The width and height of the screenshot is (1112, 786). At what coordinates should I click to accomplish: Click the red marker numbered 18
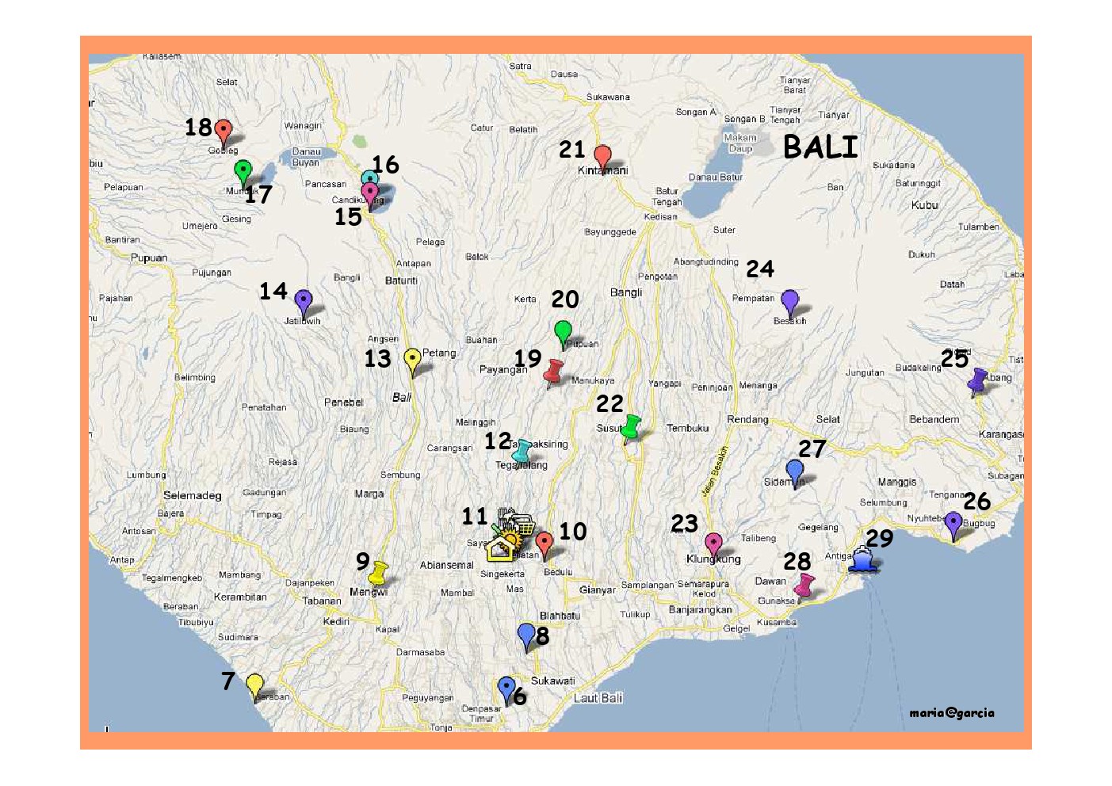(224, 131)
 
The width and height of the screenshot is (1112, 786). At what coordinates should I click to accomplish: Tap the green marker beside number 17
(243, 171)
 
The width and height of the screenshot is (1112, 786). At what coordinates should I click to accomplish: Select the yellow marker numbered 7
(254, 685)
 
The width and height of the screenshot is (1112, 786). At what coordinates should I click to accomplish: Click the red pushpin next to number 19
(554, 371)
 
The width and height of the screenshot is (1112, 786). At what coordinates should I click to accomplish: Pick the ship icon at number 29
(863, 559)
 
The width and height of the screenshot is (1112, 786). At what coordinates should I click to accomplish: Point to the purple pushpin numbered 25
(978, 381)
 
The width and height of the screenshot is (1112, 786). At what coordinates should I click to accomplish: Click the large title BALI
(820, 147)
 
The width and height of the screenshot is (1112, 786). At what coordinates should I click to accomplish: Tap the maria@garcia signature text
(951, 713)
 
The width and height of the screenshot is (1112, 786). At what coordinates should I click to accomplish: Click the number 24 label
(760, 269)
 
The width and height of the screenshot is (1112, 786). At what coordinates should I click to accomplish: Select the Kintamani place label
(603, 170)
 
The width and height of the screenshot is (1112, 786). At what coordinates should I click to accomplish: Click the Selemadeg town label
(193, 496)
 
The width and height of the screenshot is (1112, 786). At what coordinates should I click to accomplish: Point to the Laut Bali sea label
(598, 698)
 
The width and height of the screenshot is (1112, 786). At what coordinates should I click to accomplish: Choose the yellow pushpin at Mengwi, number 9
(379, 572)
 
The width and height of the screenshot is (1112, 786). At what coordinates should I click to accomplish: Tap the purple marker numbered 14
(303, 302)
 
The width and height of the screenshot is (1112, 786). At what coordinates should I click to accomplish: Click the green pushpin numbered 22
(631, 426)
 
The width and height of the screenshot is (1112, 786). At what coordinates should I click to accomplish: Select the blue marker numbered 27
(794, 471)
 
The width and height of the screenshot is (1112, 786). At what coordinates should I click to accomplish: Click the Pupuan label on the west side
(149, 258)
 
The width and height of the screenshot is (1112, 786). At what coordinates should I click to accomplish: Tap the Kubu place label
(925, 205)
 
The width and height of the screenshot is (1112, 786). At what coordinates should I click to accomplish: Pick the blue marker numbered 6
(506, 689)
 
